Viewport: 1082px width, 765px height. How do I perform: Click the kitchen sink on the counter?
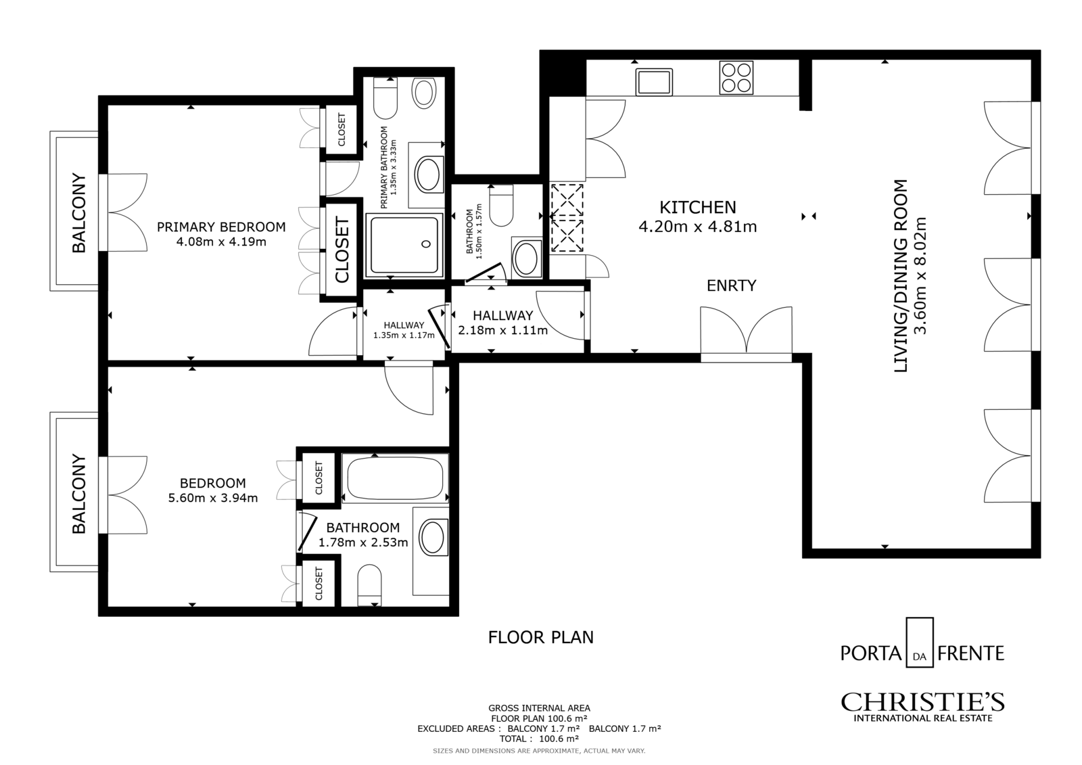[x=654, y=82]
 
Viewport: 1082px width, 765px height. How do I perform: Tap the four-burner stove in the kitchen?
[x=736, y=77]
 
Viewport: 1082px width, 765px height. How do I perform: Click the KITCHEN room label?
[x=698, y=208]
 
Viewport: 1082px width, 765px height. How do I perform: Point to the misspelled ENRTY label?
[x=731, y=285]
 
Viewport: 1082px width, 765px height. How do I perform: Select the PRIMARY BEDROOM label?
[x=221, y=227]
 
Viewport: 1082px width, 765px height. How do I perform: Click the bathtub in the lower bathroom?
[x=395, y=478]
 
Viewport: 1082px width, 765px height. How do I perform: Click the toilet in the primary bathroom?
[x=385, y=98]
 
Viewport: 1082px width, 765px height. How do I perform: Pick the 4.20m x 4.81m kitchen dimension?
[x=697, y=226]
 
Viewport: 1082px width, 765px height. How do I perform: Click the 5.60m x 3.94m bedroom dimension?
[x=213, y=498]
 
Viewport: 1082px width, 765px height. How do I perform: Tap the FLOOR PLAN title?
[x=540, y=637]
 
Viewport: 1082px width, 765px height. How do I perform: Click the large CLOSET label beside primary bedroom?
[x=342, y=250]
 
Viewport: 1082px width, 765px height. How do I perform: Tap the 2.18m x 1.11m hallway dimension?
[x=503, y=331]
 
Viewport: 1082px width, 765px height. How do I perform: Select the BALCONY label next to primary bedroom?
[x=78, y=212]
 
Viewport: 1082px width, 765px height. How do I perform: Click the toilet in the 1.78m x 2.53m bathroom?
[x=369, y=585]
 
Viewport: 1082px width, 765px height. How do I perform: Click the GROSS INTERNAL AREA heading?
[x=539, y=708]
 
